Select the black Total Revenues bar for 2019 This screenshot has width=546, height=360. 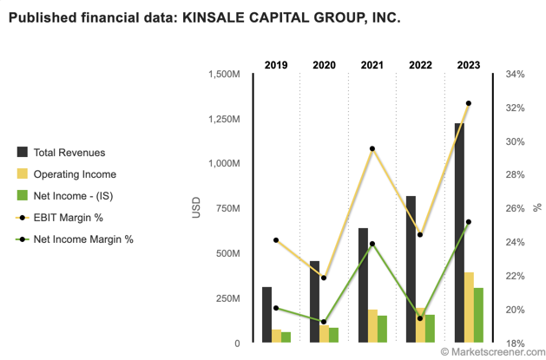(267, 314)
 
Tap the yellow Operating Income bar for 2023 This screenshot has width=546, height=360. (469, 307)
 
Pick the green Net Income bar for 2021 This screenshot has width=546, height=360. (383, 329)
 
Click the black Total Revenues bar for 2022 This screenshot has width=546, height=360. (411, 269)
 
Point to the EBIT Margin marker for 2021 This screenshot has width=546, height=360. (372, 149)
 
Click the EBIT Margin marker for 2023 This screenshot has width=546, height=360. (469, 104)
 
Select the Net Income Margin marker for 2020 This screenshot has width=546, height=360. (324, 322)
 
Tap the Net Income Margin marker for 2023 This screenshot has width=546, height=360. (469, 222)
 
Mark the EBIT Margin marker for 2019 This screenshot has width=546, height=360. (276, 240)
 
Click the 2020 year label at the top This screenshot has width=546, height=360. (324, 66)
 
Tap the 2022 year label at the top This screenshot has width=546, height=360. (420, 66)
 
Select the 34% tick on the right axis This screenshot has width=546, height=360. (515, 75)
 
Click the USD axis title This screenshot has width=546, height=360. (195, 208)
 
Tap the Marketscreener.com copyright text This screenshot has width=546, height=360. (490, 351)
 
